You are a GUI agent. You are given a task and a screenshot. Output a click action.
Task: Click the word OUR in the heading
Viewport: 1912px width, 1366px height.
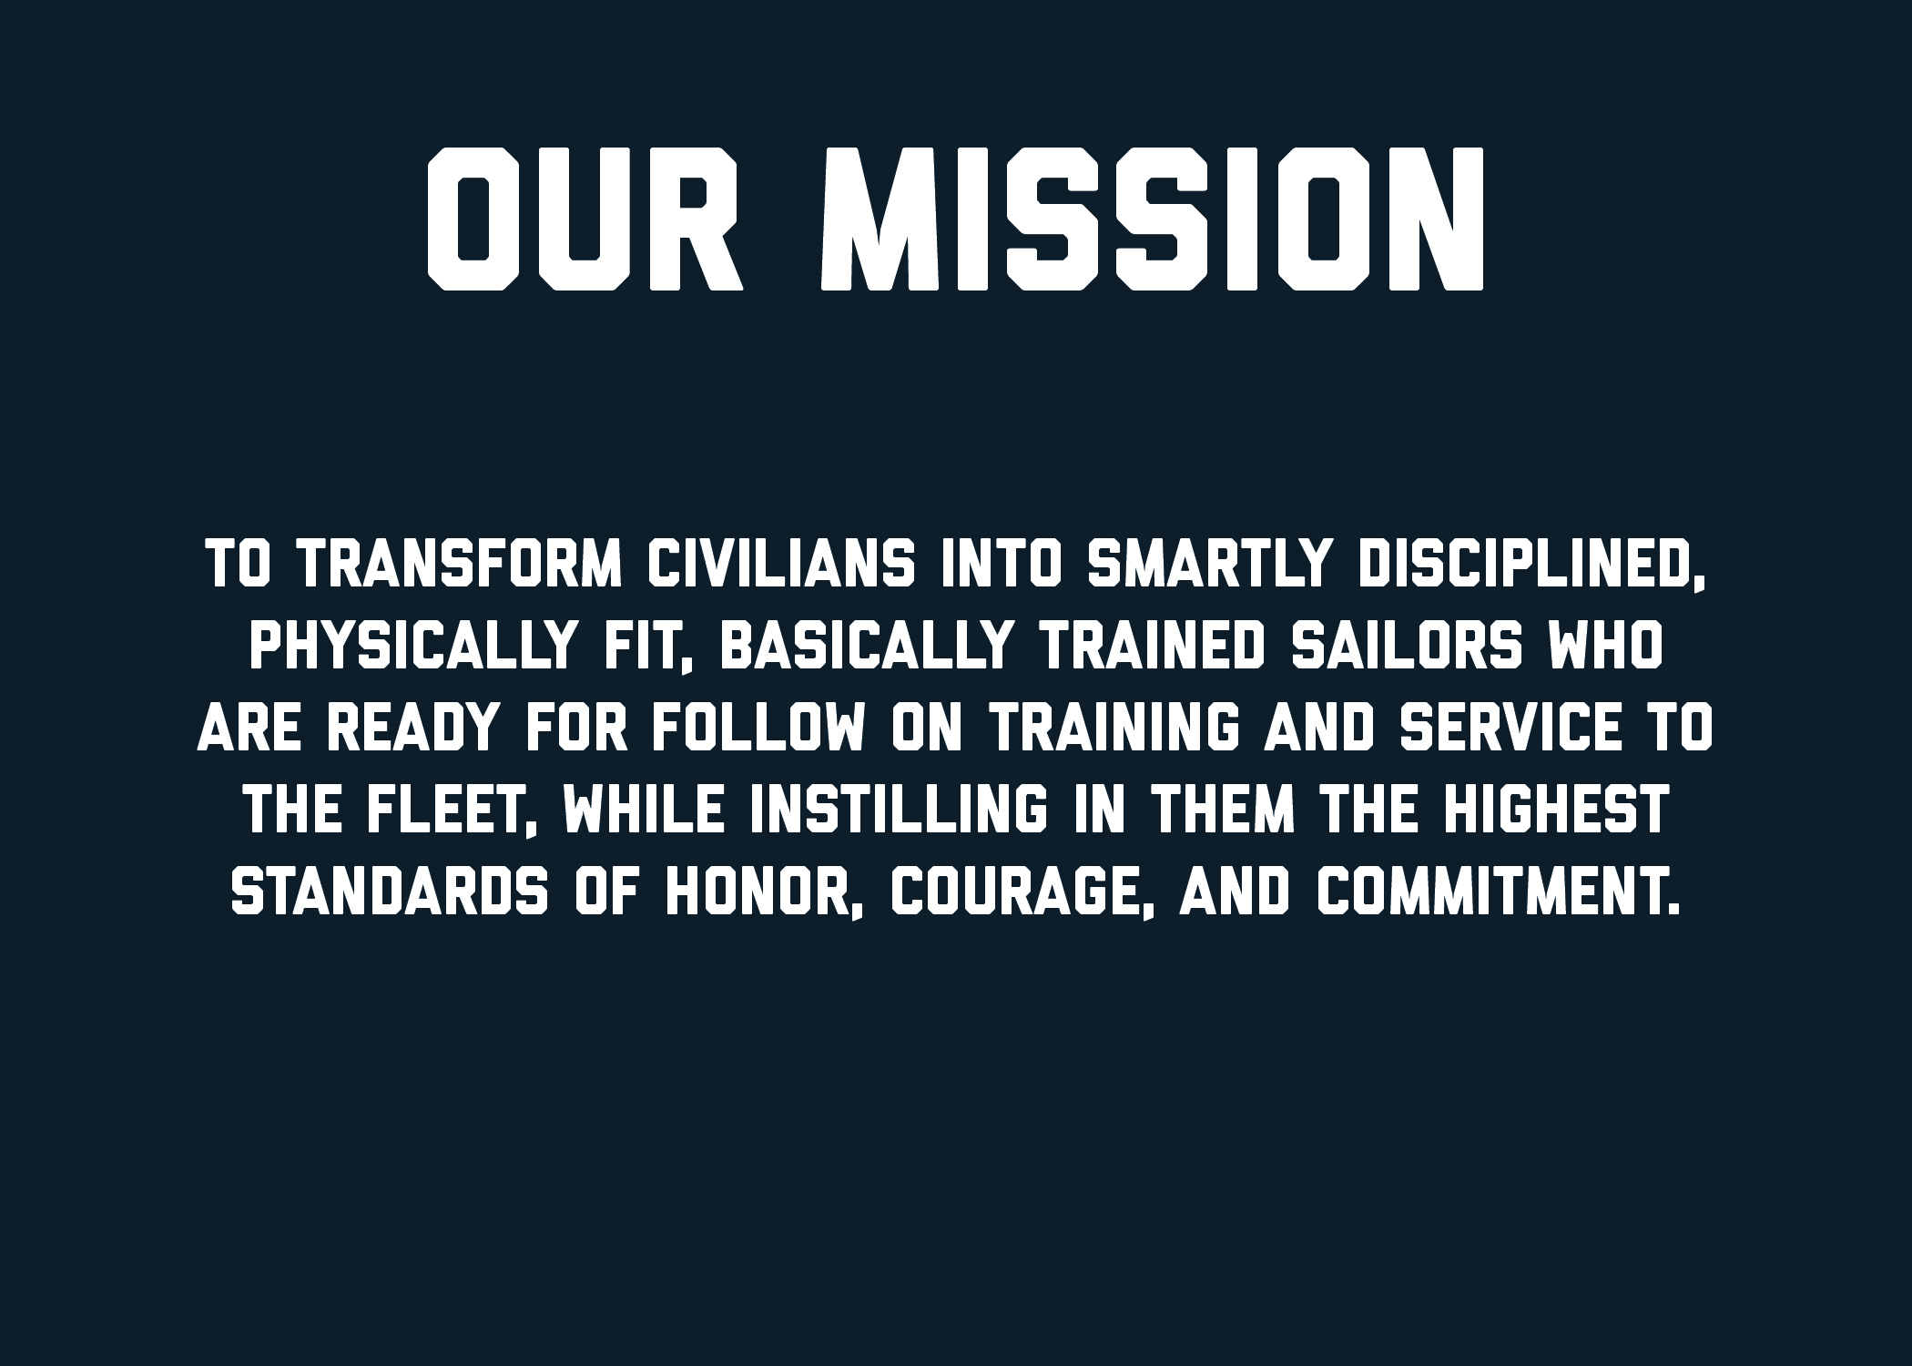[x=585, y=219]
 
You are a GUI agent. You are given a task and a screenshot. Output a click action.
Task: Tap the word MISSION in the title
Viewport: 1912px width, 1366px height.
[x=1153, y=219]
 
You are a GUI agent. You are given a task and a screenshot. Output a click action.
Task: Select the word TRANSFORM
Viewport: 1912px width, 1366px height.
[x=461, y=564]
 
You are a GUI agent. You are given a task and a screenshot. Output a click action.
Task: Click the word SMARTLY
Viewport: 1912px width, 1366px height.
[x=1210, y=564]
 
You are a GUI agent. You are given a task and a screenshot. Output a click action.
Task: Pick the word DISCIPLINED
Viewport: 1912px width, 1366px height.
[x=1530, y=566]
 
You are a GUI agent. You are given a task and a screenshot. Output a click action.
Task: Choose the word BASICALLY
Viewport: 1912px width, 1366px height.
[x=866, y=646]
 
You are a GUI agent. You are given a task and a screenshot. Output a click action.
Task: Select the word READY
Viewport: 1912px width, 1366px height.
[x=413, y=728]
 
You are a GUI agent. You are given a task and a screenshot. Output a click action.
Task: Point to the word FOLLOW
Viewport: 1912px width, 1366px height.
[x=758, y=728]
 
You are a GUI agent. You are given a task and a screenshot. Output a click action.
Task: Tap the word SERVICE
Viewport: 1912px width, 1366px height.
[x=1510, y=728]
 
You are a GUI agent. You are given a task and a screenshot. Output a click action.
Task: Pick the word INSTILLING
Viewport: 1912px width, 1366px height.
[x=898, y=810]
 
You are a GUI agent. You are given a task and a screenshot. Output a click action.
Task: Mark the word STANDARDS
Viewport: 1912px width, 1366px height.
[x=390, y=892]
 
